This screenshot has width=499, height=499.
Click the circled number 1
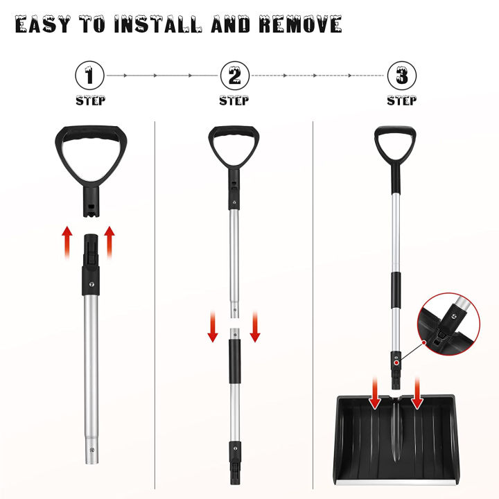point(91,74)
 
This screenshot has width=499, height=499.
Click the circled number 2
point(234,74)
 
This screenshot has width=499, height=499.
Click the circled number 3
point(401,74)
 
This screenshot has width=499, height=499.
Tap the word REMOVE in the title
point(301,25)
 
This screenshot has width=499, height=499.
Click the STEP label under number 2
point(234,100)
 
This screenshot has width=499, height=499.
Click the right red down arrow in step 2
point(255,328)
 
